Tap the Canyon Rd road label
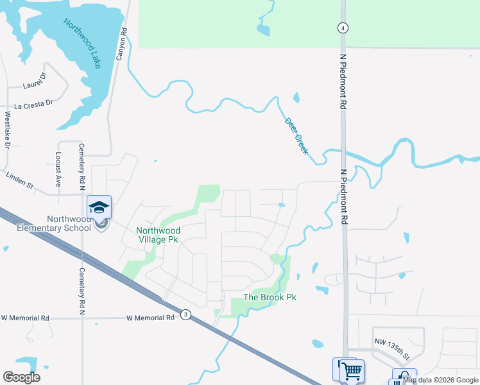pyautogui.click(x=120, y=44)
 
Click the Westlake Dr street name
pyautogui.click(x=8, y=131)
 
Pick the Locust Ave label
pyautogui.click(x=58, y=169)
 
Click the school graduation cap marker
pyautogui.click(x=99, y=207)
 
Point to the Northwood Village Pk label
pyautogui.click(x=158, y=235)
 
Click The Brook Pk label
pyautogui.click(x=270, y=298)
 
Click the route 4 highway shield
pyautogui.click(x=344, y=28)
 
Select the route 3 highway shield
pyautogui.click(x=185, y=314)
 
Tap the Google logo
pyautogui.click(x=21, y=377)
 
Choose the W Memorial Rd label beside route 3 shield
pyautogui.click(x=151, y=318)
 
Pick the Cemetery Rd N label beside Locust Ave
pyautogui.click(x=82, y=166)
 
